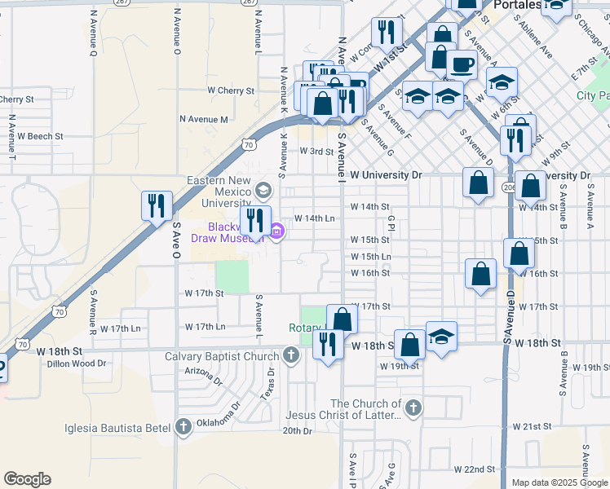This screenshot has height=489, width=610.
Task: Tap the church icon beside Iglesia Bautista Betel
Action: [x=183, y=425]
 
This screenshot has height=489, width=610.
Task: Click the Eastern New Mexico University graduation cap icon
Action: [x=263, y=191]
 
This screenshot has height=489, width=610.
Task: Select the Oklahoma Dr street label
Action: [x=226, y=412]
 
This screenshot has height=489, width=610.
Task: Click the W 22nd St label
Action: [x=475, y=469]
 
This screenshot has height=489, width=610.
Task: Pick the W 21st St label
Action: [x=532, y=426]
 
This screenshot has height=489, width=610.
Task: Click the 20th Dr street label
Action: [x=298, y=430]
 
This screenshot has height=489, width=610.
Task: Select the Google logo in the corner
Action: [x=27, y=479]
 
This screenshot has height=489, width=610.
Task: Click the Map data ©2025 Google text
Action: [x=559, y=482]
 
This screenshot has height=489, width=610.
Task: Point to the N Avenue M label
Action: [x=204, y=120]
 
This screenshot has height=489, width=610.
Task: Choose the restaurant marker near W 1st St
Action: [x=385, y=33]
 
